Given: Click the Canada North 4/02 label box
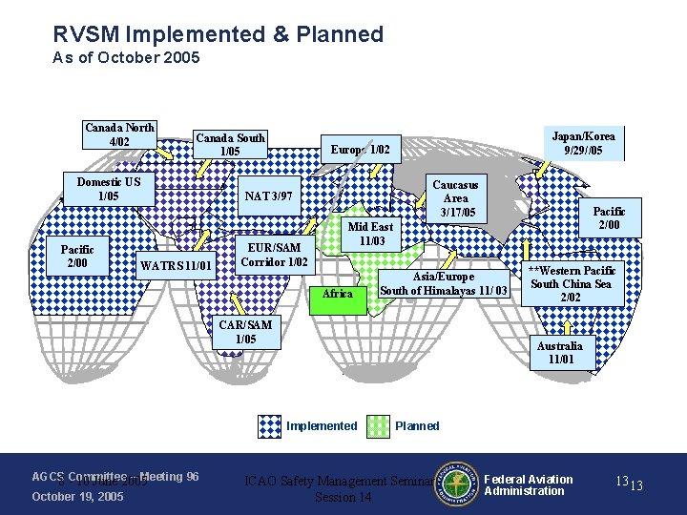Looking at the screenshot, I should point(120,135).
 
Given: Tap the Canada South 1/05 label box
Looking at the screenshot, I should point(230,144).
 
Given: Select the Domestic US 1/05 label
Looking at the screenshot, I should point(108,189).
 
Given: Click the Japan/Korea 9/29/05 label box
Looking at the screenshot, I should point(582,143).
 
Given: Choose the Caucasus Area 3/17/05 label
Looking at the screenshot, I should point(455,197).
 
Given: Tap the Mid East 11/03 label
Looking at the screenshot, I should point(370,234).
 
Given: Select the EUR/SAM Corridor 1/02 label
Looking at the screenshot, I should point(274,255).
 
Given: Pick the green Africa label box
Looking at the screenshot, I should point(338,293).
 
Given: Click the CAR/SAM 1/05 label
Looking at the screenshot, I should point(245,332).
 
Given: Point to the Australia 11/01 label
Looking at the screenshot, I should point(560,353).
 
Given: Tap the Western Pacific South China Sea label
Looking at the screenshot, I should point(572,283).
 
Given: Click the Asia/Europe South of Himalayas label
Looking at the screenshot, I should point(444,283).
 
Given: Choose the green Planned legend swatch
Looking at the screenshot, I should point(379,426).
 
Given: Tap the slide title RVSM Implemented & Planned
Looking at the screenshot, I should point(219,35).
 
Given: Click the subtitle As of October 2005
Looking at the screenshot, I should point(126,58).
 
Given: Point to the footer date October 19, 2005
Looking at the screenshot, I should point(77,496).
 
